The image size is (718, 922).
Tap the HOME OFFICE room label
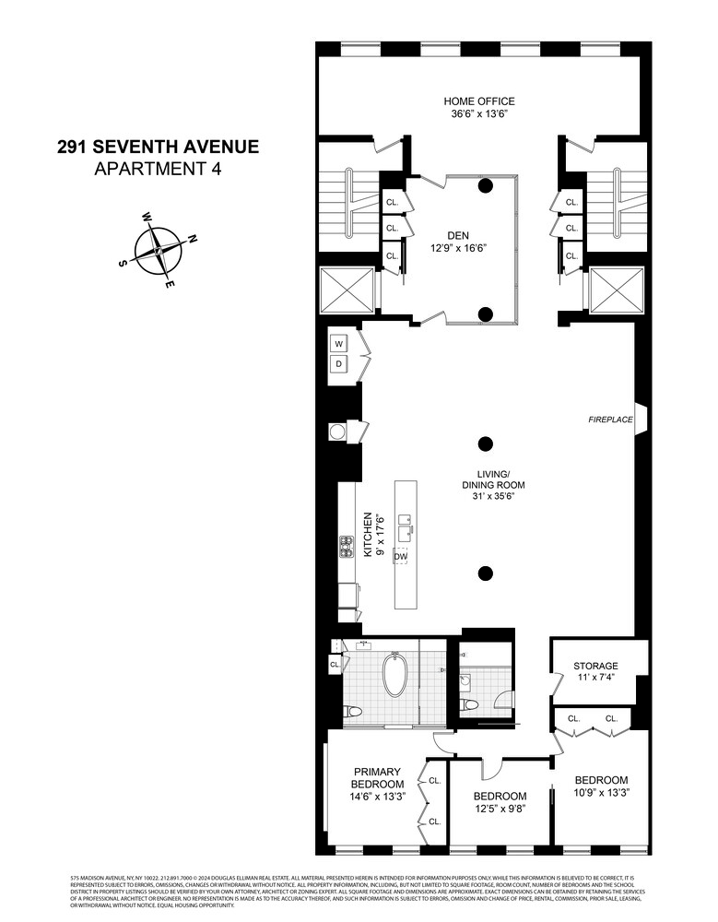[479, 101]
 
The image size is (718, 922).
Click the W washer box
[338, 344]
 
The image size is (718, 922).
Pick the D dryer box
[338, 365]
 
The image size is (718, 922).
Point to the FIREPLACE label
[611, 420]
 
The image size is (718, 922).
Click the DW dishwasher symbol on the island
[400, 556]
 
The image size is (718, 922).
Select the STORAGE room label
[595, 666]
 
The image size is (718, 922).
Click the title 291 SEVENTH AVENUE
[158, 146]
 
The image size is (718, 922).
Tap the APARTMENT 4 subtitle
[158, 168]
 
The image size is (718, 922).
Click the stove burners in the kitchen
[347, 547]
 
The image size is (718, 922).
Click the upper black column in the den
[485, 185]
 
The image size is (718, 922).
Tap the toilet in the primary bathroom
[351, 714]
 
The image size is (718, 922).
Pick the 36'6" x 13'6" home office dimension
[479, 114]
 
